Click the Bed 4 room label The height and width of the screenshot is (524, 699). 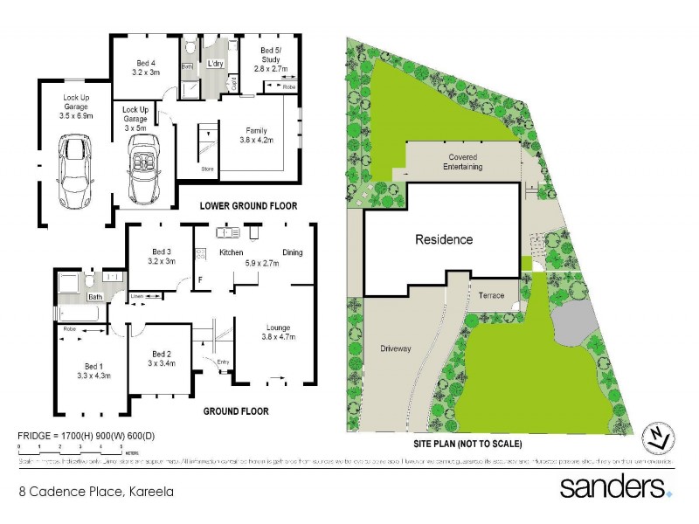(x=146, y=63)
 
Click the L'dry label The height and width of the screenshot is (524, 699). (x=214, y=65)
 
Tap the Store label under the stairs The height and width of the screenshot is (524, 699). (x=207, y=169)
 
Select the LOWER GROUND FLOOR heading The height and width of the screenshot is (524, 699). (x=248, y=206)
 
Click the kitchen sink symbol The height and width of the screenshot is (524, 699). (x=229, y=234)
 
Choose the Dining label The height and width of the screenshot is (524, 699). (x=292, y=252)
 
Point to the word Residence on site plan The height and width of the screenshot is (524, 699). (x=443, y=239)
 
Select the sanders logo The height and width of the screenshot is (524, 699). (x=615, y=486)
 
